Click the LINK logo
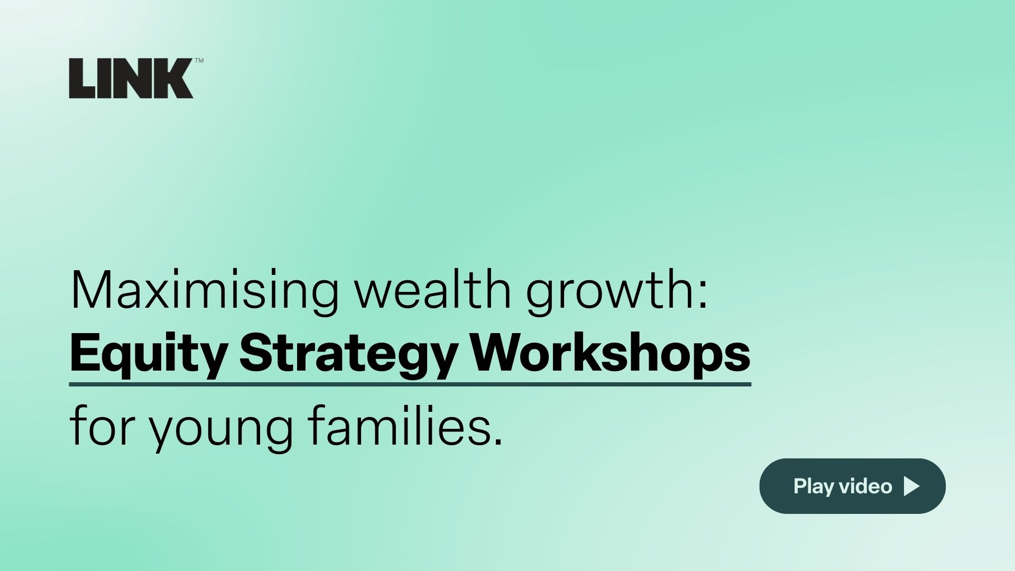(131, 78)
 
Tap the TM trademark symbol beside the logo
(199, 61)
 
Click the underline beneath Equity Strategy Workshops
(410, 384)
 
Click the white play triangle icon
(912, 486)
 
